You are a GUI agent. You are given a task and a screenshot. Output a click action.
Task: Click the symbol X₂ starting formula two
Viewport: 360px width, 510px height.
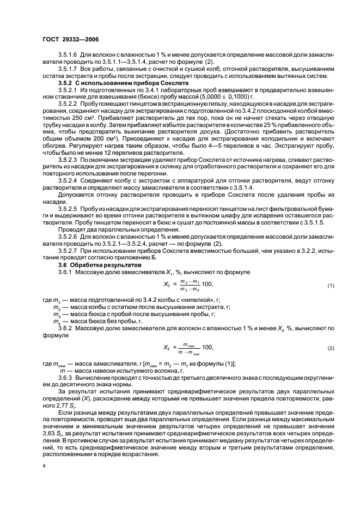pyautogui.click(x=167, y=347)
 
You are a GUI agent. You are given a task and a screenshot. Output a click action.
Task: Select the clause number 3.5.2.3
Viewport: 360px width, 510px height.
pyautogui.click(x=68, y=162)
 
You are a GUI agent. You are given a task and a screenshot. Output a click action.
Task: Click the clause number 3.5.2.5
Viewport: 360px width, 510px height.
pyautogui.click(x=68, y=208)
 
